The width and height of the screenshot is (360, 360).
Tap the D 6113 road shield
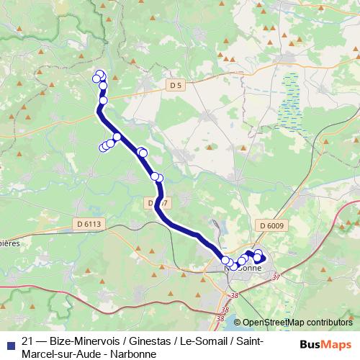pos(89,225)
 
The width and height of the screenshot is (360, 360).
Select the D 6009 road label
pos(271,226)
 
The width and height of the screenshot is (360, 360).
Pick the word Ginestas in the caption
pos(148,341)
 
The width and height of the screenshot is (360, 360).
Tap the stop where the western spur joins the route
pos(117,137)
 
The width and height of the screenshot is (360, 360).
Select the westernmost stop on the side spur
pos(103,148)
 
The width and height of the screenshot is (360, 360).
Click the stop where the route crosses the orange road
pos(103,100)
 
